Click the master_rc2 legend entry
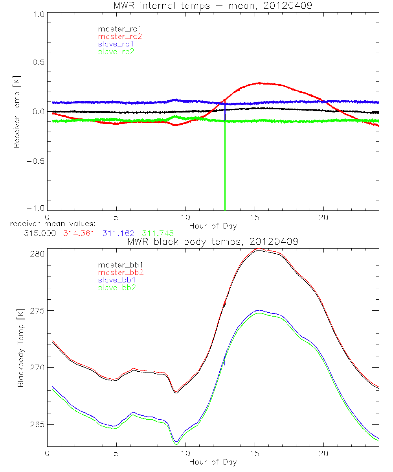click(119, 36)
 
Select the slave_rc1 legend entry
click(116, 44)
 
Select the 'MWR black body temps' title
click(213, 242)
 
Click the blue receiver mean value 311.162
click(117, 233)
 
